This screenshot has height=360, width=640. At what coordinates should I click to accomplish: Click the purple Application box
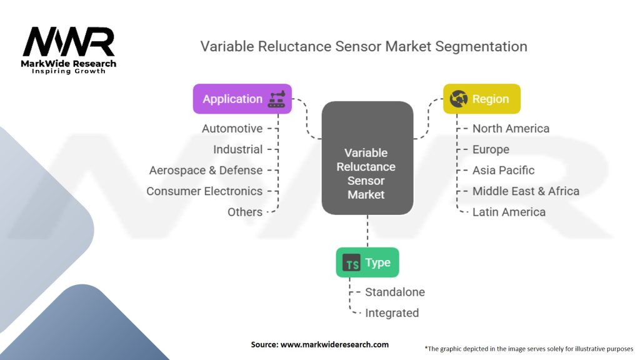[x=242, y=99]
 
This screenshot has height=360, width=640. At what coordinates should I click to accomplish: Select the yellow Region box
[x=481, y=99]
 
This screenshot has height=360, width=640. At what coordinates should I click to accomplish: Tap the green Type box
[x=367, y=262]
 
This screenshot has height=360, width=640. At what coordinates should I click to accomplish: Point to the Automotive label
[x=232, y=128]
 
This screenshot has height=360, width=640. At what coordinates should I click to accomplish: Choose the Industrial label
[x=237, y=149]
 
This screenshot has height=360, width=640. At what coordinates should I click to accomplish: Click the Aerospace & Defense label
[x=206, y=170]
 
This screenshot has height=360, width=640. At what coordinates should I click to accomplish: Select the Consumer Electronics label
[x=204, y=191]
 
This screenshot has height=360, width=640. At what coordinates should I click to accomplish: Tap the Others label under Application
[x=245, y=212]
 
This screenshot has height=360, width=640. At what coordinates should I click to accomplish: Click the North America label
[x=511, y=128]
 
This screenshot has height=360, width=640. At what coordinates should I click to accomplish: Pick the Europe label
[x=491, y=149]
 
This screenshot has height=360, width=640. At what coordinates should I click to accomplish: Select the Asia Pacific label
[x=503, y=170]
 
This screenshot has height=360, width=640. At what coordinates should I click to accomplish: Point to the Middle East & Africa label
[x=526, y=191]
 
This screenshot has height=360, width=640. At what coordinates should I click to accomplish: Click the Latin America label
[x=509, y=212]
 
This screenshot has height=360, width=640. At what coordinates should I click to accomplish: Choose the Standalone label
[x=394, y=292]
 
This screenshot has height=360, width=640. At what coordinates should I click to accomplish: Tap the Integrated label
[x=392, y=312]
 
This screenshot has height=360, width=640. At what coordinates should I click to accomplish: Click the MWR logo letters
[x=69, y=42]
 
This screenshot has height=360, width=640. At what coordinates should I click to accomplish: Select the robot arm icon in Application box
[x=276, y=99]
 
